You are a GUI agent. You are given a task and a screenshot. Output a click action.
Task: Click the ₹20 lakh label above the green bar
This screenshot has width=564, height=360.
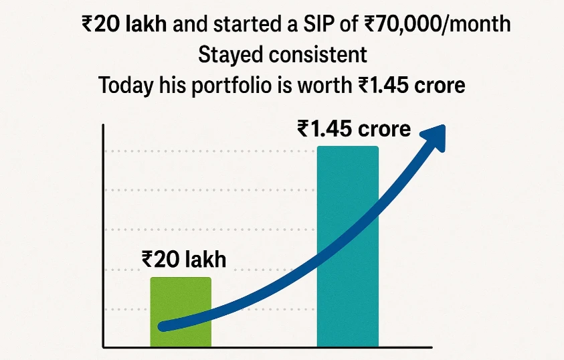click(x=183, y=259)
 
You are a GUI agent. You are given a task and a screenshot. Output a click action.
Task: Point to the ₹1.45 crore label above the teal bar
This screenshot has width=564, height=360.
click(x=354, y=128)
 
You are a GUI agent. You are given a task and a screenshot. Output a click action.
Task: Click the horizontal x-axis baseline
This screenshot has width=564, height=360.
click(x=268, y=347)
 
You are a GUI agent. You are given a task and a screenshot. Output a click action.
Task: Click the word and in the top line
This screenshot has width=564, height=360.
click(x=199, y=25)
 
